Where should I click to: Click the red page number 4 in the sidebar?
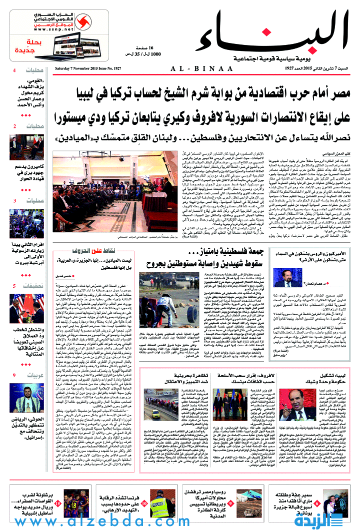(x=14, y=70)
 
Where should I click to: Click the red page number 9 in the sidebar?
(x=14, y=375)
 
